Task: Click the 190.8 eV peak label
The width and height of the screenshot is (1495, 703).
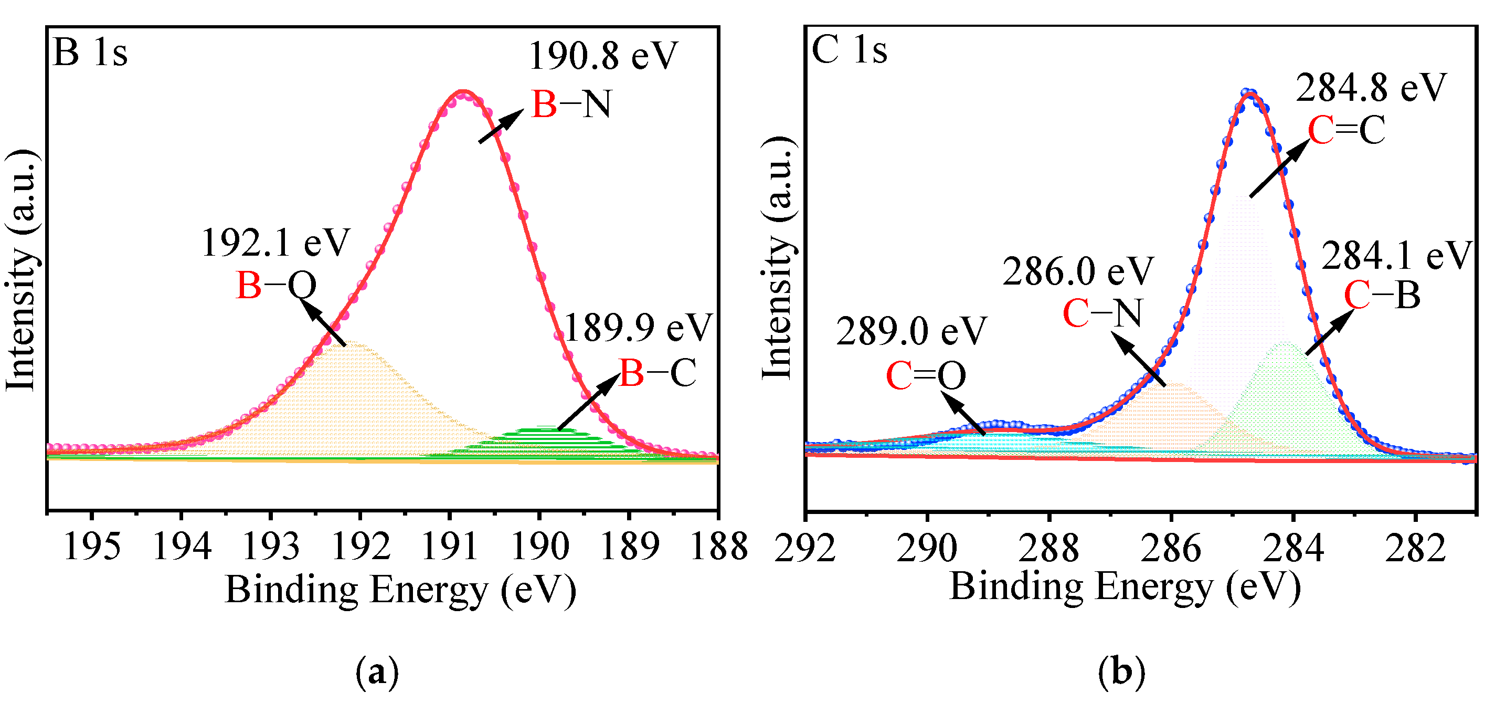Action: pos(603,56)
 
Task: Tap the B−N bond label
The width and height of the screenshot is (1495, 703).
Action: pos(571,105)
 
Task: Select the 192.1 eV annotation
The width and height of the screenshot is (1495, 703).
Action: pos(275,243)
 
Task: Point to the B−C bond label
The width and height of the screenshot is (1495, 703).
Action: pos(658,373)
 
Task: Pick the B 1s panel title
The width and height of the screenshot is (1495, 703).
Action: pos(90,53)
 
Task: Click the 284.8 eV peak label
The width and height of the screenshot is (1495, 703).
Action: pos(1371,88)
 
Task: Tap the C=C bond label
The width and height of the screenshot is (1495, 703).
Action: pos(1346,130)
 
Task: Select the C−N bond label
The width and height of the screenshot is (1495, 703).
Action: pos(1102,313)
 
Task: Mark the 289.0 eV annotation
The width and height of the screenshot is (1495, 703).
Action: pos(911,331)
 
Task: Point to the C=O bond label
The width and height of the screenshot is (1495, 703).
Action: pos(926,376)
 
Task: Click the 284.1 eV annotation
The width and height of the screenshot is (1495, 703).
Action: pos(1397,256)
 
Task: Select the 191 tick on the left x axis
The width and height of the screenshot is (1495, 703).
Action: pos(450,547)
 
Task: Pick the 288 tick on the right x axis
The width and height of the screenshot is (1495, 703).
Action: pos(1049,549)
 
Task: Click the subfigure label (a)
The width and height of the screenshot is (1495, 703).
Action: pos(377,672)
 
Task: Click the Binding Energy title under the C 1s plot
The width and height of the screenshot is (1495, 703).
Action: pos(1125,587)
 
